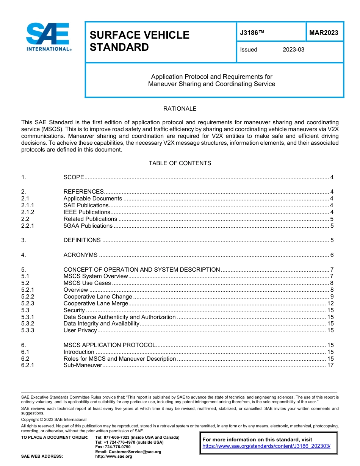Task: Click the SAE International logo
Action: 48,37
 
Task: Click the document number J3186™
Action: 252,33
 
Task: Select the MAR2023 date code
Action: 324,33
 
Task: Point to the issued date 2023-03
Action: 293,50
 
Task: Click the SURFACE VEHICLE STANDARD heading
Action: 139,41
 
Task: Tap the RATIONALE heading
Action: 180,109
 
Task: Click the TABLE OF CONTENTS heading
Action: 180,163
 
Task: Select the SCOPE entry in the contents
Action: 74,177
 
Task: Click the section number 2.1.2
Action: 28,212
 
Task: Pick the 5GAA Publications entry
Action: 88,226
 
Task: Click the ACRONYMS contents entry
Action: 80,255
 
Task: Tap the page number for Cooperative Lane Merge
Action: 330,303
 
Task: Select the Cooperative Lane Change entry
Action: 98,297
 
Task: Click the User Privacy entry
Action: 80,330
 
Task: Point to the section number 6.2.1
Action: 28,366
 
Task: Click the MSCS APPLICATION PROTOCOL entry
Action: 110,345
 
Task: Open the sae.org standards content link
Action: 266,446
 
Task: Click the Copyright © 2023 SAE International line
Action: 53,420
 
